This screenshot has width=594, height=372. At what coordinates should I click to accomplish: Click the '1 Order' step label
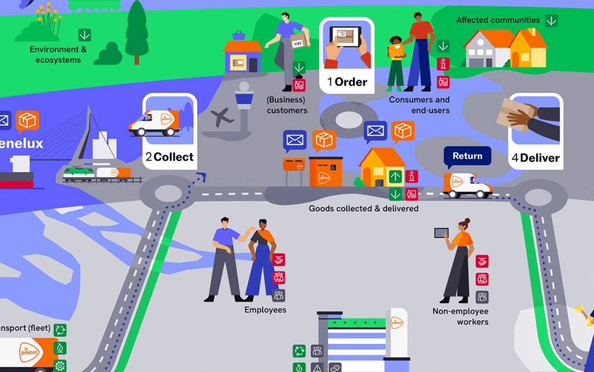347,82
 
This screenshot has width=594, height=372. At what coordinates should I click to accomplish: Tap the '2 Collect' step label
169,157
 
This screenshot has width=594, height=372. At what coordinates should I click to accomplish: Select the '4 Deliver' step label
535,158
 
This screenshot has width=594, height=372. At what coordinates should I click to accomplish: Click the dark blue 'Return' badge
468,156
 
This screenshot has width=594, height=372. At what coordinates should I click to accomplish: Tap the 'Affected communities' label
498,20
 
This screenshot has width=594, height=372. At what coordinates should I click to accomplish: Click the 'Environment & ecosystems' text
58,55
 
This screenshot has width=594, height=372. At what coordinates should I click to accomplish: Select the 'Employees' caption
265,310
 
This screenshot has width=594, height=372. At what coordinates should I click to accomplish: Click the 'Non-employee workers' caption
461,317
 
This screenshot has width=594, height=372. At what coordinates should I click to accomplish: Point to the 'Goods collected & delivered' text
363,208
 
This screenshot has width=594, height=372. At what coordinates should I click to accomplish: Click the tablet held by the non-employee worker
441,233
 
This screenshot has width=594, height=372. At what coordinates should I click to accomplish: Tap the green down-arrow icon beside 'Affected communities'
551,20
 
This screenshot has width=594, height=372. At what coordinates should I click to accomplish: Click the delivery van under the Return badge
467,185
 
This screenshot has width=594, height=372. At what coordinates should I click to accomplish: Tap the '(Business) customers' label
287,105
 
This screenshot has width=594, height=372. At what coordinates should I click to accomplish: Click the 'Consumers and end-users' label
419,105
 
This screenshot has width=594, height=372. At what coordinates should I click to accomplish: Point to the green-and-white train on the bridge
78,173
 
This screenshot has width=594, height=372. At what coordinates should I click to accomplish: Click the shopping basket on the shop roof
238,35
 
